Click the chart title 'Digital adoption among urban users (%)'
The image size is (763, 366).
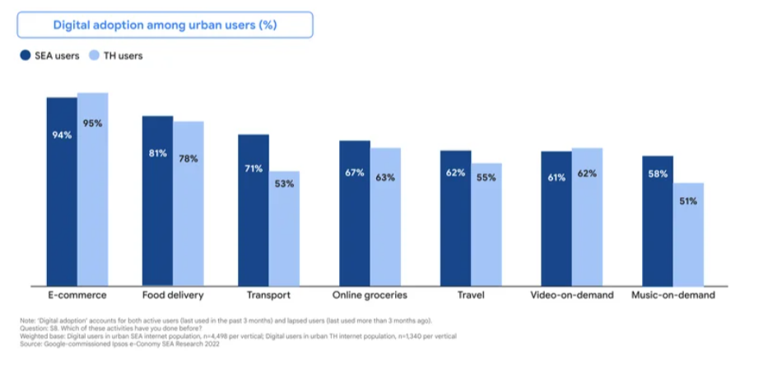[x=165, y=25]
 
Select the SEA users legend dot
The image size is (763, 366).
[x=25, y=56]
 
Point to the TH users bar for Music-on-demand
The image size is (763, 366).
[x=688, y=234]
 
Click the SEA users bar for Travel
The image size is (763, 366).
[x=455, y=218]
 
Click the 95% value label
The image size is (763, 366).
[x=92, y=124]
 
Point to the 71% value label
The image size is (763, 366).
[x=253, y=168]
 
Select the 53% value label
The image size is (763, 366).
[x=284, y=184]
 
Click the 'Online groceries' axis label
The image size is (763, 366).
[x=370, y=294]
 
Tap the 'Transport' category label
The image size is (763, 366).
[x=268, y=294]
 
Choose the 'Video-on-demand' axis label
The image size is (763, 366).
[x=572, y=294]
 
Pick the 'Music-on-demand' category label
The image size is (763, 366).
[x=672, y=294]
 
